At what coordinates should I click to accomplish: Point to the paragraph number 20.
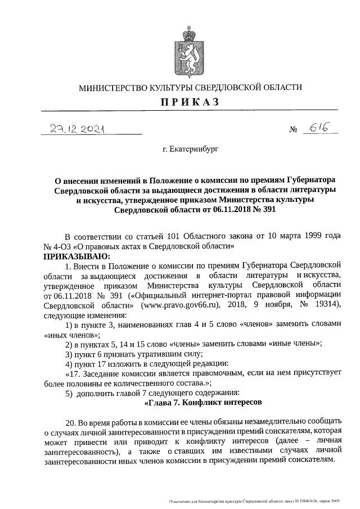(70, 422)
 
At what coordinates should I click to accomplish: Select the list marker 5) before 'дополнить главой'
(69, 392)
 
